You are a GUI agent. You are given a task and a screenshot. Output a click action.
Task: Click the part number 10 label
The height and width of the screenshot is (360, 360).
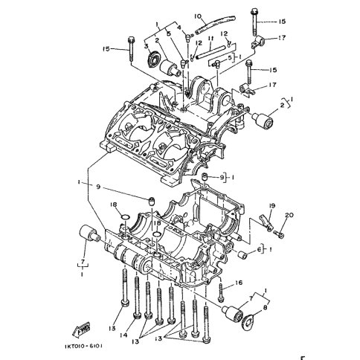[x=177, y=16]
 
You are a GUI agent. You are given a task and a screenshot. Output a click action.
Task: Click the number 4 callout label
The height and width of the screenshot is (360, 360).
[x=179, y=27]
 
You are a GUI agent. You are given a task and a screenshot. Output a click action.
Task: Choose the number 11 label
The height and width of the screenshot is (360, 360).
[x=211, y=39]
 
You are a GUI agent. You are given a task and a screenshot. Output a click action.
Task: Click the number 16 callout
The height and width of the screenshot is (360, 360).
[x=240, y=283]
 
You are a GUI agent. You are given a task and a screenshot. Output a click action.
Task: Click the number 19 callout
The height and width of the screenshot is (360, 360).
[x=272, y=205]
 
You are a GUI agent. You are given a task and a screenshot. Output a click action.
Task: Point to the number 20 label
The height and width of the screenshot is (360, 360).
[x=289, y=215]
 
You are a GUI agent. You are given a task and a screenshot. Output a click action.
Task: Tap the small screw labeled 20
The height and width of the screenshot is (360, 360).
[x=280, y=233]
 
